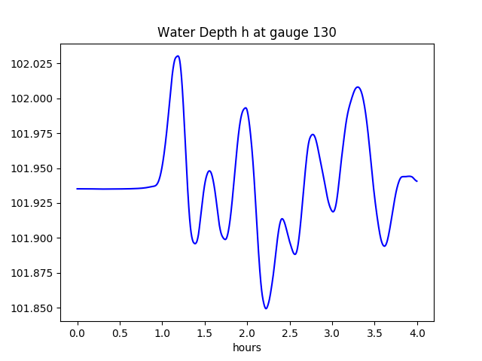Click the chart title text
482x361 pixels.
click(246, 32)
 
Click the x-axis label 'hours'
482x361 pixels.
click(246, 347)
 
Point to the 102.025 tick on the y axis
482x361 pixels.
click(32, 64)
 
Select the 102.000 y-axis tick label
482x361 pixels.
click(32, 99)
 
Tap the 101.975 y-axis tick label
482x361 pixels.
click(32, 134)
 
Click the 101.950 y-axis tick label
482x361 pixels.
click(32, 168)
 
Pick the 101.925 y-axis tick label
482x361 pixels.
click(32, 204)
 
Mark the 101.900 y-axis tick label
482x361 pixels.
click(32, 238)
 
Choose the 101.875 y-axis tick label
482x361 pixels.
click(32, 274)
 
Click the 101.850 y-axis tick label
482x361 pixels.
click(32, 308)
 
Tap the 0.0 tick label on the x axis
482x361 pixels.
click(78, 332)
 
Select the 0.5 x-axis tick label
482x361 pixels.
click(120, 332)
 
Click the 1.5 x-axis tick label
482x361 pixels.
click(205, 332)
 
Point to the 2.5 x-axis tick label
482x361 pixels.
click(290, 332)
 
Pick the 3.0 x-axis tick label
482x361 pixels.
click(332, 332)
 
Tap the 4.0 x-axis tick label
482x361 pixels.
click(417, 332)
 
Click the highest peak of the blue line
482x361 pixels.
click(177, 56)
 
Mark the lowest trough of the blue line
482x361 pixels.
click(266, 308)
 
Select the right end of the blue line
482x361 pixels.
click(417, 181)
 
